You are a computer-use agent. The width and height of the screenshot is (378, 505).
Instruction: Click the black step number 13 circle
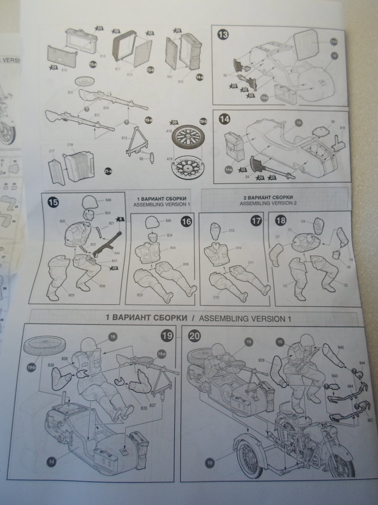click(223, 35)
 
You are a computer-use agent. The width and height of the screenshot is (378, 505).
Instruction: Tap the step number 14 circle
click(224, 119)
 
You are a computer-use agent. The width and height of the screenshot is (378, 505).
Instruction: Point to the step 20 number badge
click(194, 335)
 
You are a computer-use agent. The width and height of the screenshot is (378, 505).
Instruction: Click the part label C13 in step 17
click(231, 230)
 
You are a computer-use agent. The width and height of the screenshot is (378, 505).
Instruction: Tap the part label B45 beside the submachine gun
click(117, 253)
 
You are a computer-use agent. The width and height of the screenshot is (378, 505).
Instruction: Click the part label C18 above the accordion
click(71, 145)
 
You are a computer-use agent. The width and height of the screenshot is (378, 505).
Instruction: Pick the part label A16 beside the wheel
click(169, 132)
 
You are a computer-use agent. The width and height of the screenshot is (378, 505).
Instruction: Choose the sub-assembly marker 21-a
click(108, 171)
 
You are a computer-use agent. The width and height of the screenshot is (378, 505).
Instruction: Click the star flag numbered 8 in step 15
click(120, 219)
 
